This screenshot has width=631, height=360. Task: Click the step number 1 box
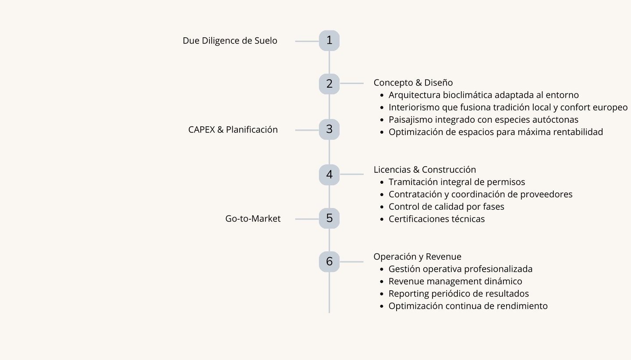pos(329,41)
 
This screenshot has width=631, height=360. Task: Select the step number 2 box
pos(329,83)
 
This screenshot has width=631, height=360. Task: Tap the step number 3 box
pos(329,129)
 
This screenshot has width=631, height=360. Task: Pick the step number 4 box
pos(329,175)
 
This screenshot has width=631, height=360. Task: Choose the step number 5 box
pos(329,218)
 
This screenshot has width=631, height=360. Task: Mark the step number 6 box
pos(329,261)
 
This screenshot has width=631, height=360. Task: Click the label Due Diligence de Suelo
pos(230,41)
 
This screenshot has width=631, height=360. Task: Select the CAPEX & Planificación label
pos(233,130)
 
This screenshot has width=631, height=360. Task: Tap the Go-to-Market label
pos(253,218)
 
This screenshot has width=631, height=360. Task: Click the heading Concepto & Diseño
pos(413,82)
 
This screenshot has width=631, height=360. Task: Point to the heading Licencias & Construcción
pos(424,169)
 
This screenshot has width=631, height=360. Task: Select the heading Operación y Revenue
pos(417,257)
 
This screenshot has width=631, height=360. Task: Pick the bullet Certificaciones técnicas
pos(436,219)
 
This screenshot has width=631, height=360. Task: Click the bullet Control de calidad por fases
pos(446,207)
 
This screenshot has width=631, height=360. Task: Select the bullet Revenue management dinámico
pos(455,281)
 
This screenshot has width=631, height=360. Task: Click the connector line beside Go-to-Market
pos(307,218)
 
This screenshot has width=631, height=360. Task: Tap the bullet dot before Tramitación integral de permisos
pos(383,182)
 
